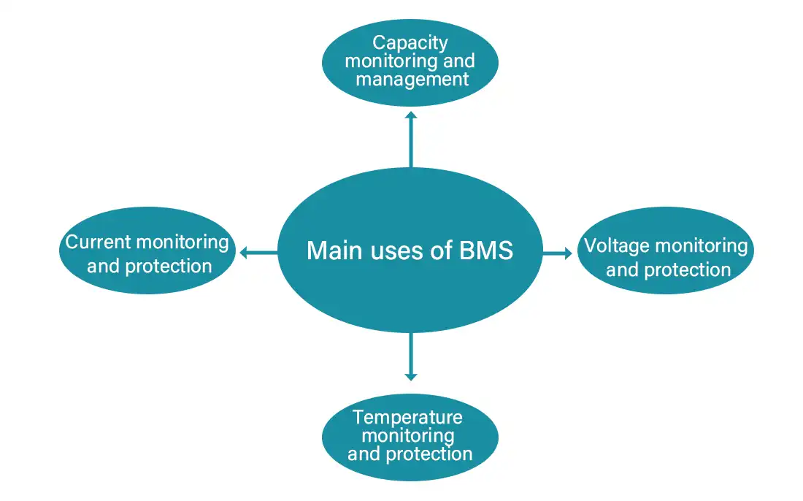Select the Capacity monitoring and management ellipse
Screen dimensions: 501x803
[410, 62]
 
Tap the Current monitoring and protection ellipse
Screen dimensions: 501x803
[147, 250]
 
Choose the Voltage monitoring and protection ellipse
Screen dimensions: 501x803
[666, 250]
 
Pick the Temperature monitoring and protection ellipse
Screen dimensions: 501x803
[410, 437]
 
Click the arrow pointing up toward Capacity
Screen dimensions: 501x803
[411, 139]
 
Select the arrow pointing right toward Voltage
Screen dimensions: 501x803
[558, 253]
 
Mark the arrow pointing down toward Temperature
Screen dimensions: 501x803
[411, 356]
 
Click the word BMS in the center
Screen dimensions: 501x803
[485, 250]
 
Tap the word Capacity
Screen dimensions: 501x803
[410, 43]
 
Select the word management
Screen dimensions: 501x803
[412, 79]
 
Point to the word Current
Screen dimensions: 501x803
[97, 242]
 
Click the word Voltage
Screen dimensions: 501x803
[617, 246]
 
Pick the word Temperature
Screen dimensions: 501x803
[407, 417]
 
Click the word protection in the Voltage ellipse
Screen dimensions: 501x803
[686, 270]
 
